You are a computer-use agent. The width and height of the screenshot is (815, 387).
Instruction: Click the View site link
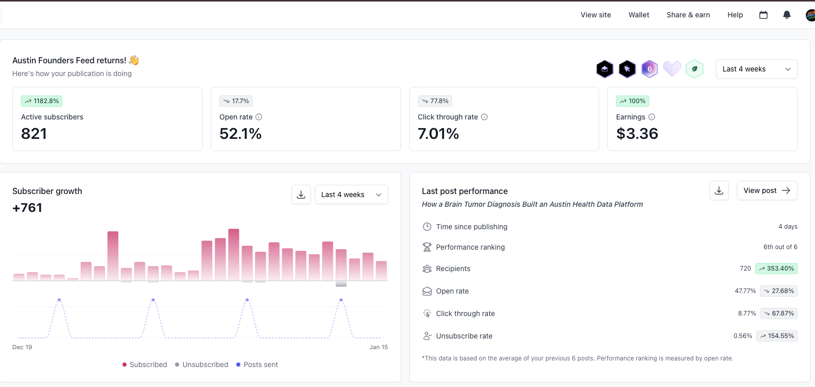click(596, 15)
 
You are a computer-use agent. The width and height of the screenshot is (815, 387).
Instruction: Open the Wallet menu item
click(638, 15)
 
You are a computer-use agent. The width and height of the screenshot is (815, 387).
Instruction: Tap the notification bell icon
click(786, 15)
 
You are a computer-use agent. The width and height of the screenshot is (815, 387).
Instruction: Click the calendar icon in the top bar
click(763, 15)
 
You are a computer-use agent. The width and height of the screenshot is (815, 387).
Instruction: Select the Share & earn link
click(688, 15)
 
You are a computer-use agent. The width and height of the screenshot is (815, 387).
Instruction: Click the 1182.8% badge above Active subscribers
click(42, 101)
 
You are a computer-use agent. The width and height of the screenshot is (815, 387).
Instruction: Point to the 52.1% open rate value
click(240, 134)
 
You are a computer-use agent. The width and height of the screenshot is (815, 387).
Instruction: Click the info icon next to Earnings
click(652, 117)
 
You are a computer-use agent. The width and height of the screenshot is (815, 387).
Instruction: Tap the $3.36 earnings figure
click(637, 134)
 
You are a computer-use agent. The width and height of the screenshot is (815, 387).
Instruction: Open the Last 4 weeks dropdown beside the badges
click(756, 69)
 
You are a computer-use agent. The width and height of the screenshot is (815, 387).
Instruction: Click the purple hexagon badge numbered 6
click(649, 69)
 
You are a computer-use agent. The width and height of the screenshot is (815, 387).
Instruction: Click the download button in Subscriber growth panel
click(301, 195)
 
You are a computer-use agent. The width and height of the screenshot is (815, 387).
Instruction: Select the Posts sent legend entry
click(257, 365)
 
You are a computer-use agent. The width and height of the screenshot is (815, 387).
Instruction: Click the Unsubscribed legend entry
click(202, 365)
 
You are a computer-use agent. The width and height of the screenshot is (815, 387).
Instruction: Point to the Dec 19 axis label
click(22, 347)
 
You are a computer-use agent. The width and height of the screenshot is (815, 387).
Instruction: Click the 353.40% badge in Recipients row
click(776, 269)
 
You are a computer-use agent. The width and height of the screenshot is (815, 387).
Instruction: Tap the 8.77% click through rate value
click(747, 313)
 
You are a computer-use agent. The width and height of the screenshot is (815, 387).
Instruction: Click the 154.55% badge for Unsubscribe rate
click(777, 336)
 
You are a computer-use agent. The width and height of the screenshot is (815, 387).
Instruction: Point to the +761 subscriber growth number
click(28, 208)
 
